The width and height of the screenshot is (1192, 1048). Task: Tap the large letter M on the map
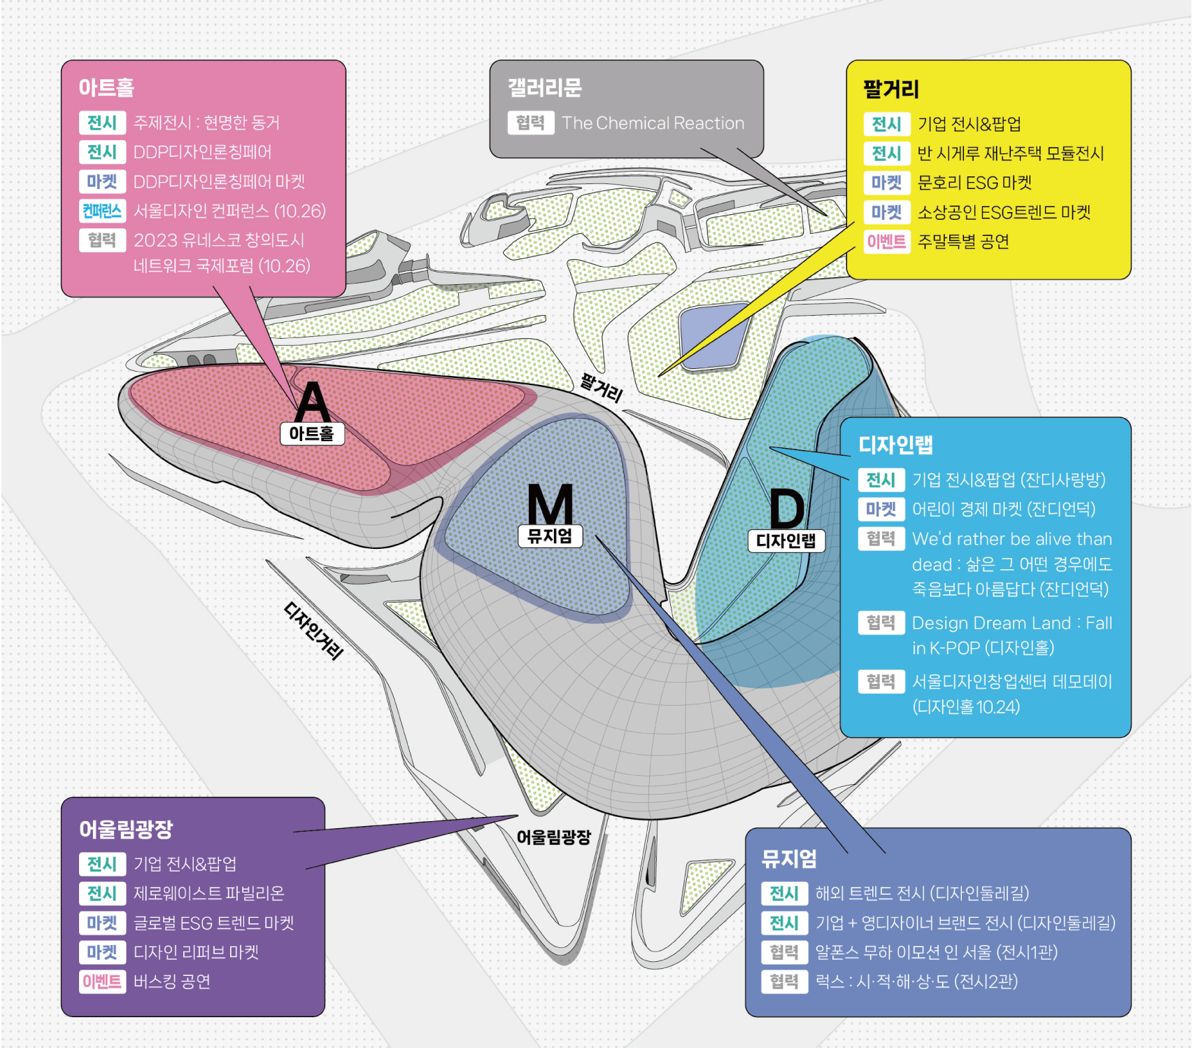click(x=550, y=503)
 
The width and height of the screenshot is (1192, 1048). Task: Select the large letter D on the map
click(x=787, y=509)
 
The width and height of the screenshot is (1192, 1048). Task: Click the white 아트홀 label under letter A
click(x=312, y=434)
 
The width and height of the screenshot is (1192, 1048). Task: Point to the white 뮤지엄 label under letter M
click(x=550, y=536)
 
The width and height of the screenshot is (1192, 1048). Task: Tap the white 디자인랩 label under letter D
click(x=786, y=541)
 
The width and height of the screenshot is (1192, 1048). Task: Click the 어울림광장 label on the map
click(x=554, y=837)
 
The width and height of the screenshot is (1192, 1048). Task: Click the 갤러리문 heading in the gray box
click(x=545, y=88)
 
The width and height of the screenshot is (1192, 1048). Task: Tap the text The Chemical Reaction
click(x=653, y=123)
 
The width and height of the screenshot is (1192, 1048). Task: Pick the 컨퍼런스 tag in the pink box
click(x=102, y=211)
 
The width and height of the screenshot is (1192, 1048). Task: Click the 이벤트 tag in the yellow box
click(x=887, y=242)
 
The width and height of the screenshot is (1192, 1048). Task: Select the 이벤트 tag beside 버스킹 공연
click(x=102, y=981)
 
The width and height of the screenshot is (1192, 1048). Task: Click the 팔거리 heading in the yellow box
click(x=891, y=89)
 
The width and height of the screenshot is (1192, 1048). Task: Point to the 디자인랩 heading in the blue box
click(x=895, y=445)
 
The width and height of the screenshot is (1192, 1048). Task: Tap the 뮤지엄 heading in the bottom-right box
click(x=789, y=858)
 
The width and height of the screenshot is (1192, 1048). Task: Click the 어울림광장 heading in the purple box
click(x=126, y=829)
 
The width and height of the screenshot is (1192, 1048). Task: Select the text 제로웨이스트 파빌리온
click(x=209, y=893)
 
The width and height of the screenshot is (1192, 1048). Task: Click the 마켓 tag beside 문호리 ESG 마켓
click(x=887, y=183)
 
